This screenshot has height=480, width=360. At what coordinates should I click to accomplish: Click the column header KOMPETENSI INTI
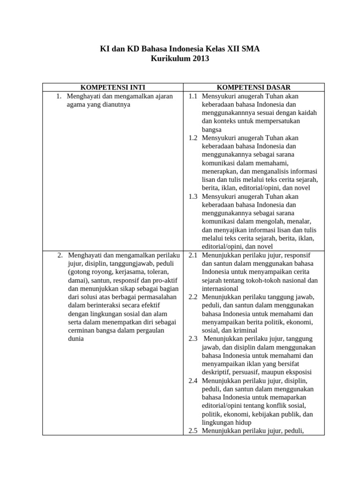113,87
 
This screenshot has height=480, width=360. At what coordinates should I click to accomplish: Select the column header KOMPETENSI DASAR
254,87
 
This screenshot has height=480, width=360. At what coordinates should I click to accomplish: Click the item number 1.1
193,96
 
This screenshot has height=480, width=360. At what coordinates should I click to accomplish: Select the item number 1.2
193,138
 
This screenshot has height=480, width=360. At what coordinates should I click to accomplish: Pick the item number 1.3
193,196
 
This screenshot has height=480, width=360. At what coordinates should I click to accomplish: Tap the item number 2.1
193,255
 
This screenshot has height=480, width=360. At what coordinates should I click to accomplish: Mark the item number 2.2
193,297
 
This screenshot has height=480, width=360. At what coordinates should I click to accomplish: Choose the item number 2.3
193,339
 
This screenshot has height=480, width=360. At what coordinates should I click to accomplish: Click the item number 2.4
193,381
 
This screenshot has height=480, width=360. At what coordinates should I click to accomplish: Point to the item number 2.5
193,431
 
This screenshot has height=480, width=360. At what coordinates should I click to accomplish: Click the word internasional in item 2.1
220,289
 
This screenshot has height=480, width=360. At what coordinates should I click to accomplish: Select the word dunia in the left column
76,339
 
